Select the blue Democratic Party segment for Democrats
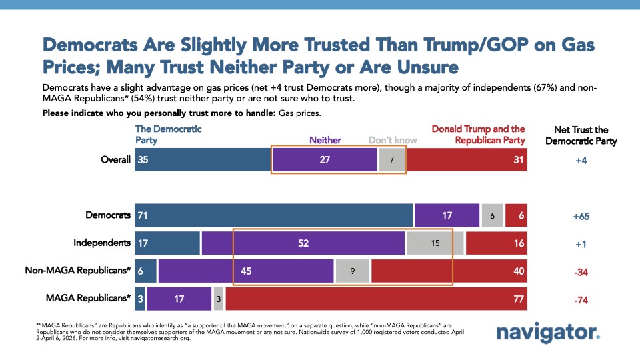coord(273,215)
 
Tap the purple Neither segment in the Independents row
coord(303,243)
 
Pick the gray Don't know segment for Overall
coord(392,160)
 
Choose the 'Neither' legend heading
coord(325,140)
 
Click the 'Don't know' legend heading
coord(393,140)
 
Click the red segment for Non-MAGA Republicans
coord(448,271)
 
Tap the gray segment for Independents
coord(435,243)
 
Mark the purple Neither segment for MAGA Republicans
coord(179,299)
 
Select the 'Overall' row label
coord(116,160)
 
